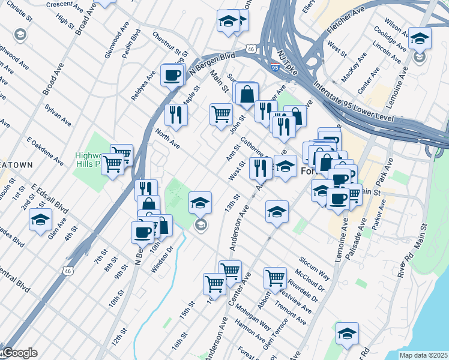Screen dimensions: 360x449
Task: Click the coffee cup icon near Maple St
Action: pos(173,76)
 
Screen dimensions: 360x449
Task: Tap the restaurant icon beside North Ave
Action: pos(176,115)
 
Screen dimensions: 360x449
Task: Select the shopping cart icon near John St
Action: pos(221,113)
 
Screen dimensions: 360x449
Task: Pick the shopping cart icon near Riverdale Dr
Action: pos(275,278)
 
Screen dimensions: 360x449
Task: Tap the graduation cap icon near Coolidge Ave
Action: pos(420,39)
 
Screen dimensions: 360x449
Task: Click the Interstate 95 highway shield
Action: pos(274,67)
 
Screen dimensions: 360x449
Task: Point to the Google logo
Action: pos(19,353)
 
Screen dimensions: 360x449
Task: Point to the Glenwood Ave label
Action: pos(117,40)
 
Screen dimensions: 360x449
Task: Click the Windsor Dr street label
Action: pos(162,259)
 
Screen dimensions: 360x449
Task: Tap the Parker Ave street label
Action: pos(379,219)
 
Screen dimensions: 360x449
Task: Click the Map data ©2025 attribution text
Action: pos(423,355)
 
